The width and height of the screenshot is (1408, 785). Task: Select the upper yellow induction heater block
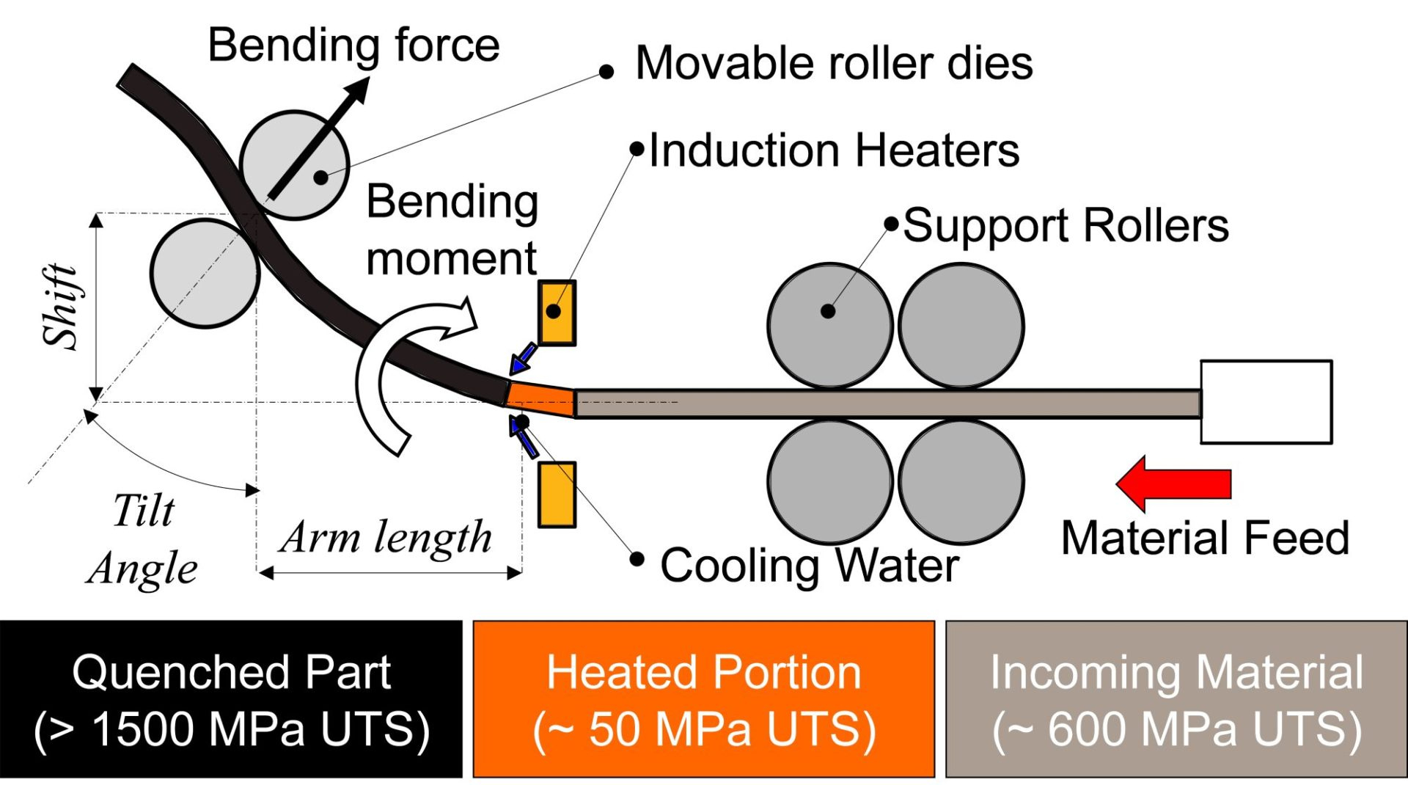coord(557,313)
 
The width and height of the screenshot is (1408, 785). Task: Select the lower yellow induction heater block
coord(557,494)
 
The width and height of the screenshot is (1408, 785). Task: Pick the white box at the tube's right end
coord(1266,402)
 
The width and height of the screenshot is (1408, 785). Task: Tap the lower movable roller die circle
coord(205,273)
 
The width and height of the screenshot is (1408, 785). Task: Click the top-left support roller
coord(829,325)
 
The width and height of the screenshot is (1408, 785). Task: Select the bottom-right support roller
coord(961,481)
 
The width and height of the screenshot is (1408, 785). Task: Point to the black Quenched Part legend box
coord(231,699)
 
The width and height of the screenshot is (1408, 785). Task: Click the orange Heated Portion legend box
coord(703,699)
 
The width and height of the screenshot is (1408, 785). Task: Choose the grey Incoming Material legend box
coord(1176,699)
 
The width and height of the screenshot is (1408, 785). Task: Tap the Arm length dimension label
coord(386,538)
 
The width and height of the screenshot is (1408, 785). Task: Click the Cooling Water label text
coord(809,566)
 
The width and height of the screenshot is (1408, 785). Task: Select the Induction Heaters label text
coord(834,151)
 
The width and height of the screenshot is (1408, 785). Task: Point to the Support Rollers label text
coord(1066,225)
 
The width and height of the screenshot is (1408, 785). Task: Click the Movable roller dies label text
coord(834,63)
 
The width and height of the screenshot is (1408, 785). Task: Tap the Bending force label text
coord(353,45)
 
